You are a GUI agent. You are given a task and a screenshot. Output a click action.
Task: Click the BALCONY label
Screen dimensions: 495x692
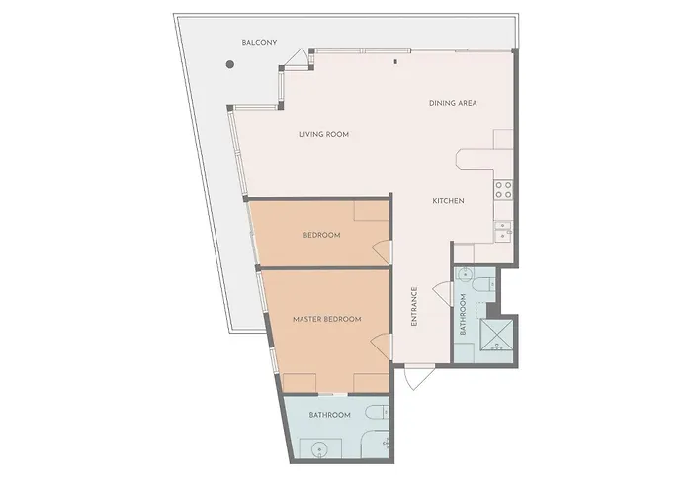260,42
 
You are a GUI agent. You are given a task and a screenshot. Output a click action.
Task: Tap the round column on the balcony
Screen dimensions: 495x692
229,65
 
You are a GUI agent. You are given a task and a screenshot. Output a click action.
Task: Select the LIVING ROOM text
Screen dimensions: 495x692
324,134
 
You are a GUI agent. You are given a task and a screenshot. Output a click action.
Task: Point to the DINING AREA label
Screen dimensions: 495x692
454,104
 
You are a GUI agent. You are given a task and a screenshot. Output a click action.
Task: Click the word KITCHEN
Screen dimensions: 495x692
448,201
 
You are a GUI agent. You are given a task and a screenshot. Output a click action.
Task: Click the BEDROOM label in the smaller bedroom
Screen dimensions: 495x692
321,235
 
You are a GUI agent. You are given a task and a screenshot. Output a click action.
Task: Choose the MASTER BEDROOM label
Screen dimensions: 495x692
326,319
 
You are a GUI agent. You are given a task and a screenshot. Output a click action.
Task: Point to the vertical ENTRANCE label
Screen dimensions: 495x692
413,307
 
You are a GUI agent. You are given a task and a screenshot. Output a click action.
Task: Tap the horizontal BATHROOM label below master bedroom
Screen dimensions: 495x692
329,414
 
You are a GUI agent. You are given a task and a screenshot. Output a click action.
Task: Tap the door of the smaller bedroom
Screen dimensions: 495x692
380,252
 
